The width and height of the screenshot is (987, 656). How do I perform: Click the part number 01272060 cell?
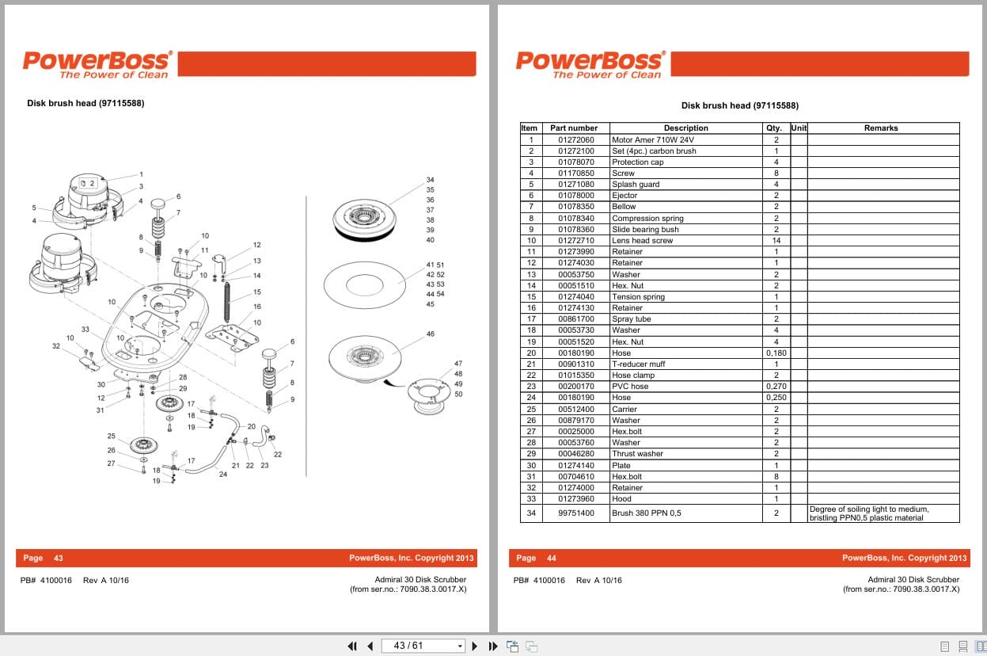[x=575, y=139]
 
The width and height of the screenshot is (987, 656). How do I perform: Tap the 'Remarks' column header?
[x=881, y=128]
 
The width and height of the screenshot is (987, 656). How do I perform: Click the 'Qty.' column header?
[x=774, y=128]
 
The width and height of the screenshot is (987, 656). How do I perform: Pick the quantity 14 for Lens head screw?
[x=776, y=240]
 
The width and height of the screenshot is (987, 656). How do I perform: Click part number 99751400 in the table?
[x=575, y=513]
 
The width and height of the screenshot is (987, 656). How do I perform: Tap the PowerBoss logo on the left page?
[x=96, y=63]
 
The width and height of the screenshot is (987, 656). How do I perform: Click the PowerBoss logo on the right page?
[x=589, y=63]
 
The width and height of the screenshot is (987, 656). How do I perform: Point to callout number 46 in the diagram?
[x=430, y=334]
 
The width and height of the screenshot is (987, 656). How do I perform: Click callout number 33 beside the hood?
[x=85, y=329]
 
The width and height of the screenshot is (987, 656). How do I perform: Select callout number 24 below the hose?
[x=223, y=475]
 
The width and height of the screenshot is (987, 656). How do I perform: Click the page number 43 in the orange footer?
[x=58, y=558]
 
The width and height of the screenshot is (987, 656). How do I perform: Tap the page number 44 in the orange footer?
[x=551, y=558]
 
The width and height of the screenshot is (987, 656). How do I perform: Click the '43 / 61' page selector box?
[x=422, y=646]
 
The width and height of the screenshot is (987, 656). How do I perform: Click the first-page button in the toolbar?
[x=352, y=646]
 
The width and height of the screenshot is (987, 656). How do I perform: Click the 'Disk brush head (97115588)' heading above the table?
[x=739, y=105]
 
